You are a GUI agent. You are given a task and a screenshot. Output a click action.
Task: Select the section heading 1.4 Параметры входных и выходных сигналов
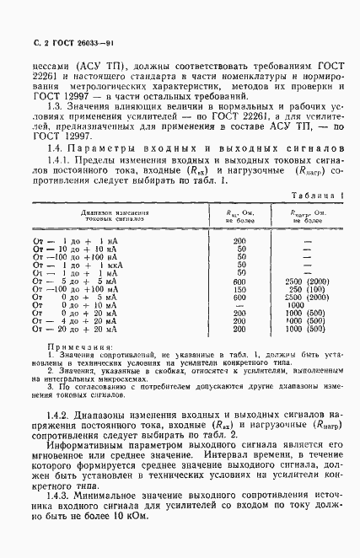180,148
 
